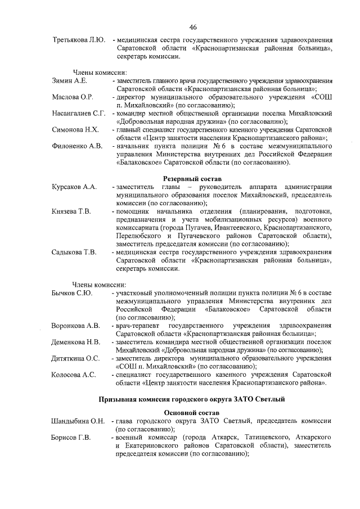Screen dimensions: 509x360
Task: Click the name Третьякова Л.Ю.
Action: click(x=78, y=41)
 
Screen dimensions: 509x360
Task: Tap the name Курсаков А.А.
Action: click(x=75, y=187)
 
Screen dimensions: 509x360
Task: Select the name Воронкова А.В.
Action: click(x=76, y=326)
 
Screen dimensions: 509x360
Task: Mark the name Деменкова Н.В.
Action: click(x=76, y=342)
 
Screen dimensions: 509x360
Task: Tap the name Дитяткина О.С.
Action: click(x=76, y=358)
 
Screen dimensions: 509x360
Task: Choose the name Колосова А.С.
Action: click(x=74, y=375)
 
